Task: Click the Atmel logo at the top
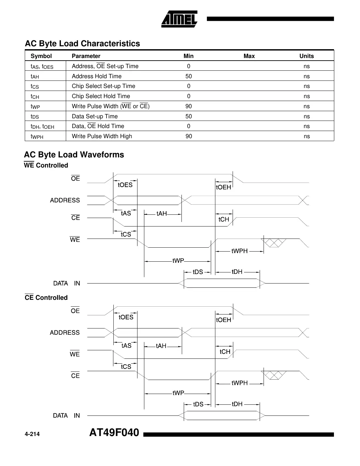click(179, 19)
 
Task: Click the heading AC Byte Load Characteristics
click(82, 44)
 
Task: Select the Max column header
click(249, 56)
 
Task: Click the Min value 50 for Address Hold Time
click(188, 76)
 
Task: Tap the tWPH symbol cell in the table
click(37, 137)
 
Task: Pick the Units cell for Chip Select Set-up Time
click(306, 86)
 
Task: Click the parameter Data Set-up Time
click(95, 116)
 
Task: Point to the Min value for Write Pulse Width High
click(189, 136)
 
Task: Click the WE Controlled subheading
click(46, 165)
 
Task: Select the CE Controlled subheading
click(46, 298)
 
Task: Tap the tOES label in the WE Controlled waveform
click(125, 185)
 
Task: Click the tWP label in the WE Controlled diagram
click(178, 261)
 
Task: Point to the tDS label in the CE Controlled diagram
click(198, 404)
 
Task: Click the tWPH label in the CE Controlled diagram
click(239, 383)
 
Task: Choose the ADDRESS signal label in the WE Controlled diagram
click(65, 200)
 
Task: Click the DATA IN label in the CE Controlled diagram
click(66, 415)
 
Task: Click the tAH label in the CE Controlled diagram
click(161, 346)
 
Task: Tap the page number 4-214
click(32, 434)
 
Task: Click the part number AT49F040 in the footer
click(114, 433)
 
